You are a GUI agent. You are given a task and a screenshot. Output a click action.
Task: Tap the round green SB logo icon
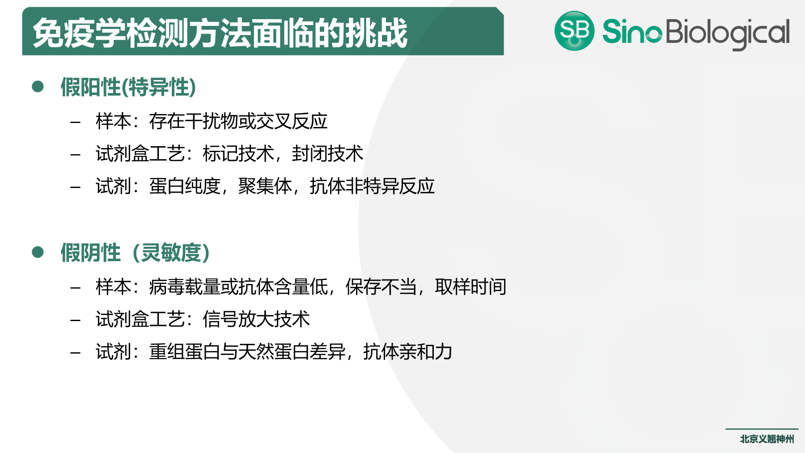[x=574, y=31]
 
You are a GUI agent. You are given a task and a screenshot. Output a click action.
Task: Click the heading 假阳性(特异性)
[x=128, y=87]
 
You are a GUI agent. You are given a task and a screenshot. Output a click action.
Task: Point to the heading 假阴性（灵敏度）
[x=135, y=253]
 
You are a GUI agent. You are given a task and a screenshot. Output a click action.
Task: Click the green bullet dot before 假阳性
[x=38, y=86]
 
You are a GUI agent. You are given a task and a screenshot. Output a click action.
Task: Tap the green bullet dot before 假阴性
[x=38, y=252]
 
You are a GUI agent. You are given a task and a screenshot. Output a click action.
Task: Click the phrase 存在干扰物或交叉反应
[x=238, y=121]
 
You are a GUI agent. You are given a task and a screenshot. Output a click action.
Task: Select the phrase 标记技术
[x=238, y=154]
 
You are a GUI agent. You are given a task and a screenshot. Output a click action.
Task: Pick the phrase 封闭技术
[x=327, y=154]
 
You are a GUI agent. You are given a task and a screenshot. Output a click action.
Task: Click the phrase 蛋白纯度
[x=185, y=186]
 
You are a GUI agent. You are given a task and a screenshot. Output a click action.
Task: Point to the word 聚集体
[x=265, y=186]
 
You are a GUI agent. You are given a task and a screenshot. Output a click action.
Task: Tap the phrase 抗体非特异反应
[x=372, y=186]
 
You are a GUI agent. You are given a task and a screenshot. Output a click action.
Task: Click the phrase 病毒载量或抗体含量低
[x=238, y=287]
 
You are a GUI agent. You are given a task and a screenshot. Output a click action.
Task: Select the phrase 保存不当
[x=381, y=287]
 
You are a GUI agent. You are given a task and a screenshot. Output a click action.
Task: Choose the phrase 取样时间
[x=470, y=287]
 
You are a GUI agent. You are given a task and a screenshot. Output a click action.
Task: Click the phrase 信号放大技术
[x=256, y=320]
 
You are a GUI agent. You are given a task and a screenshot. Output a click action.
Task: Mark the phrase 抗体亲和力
[x=408, y=352]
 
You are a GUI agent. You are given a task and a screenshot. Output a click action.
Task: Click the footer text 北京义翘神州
[x=767, y=439]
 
